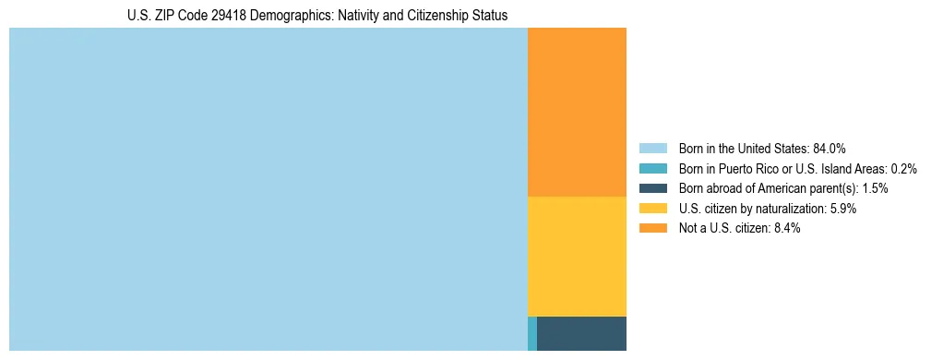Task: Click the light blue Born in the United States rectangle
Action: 268,189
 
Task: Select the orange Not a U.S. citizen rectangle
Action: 577,112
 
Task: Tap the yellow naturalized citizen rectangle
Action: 577,257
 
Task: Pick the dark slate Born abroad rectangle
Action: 581,333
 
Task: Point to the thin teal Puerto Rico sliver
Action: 531,333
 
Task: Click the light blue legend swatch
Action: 652,148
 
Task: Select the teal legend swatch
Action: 652,168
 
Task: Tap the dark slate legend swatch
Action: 652,188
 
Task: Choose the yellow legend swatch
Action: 652,209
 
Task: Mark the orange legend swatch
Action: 652,229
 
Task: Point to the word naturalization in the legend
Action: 791,209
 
